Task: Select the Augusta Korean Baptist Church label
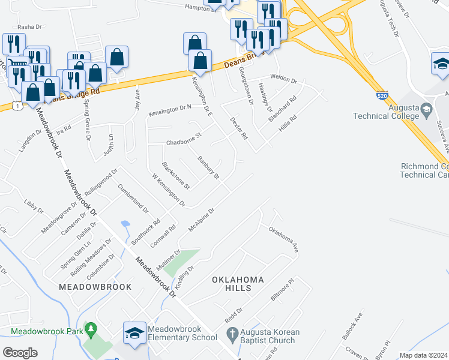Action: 268,336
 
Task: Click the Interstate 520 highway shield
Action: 383,95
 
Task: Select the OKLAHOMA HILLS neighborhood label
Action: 238,284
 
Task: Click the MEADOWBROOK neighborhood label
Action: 95,287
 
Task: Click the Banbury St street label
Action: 208,167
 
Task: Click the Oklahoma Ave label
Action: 283,238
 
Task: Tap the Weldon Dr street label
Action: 284,79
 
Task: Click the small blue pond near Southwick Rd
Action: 125,225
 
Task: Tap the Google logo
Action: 20,352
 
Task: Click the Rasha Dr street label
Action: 29,27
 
